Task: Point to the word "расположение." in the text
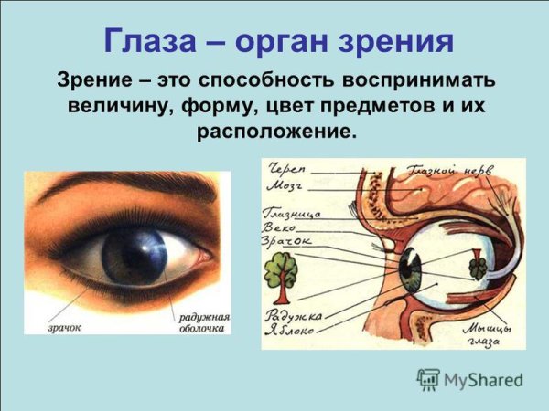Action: (x=274, y=131)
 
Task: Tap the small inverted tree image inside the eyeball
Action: (x=478, y=267)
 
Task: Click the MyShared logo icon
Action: (x=427, y=379)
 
